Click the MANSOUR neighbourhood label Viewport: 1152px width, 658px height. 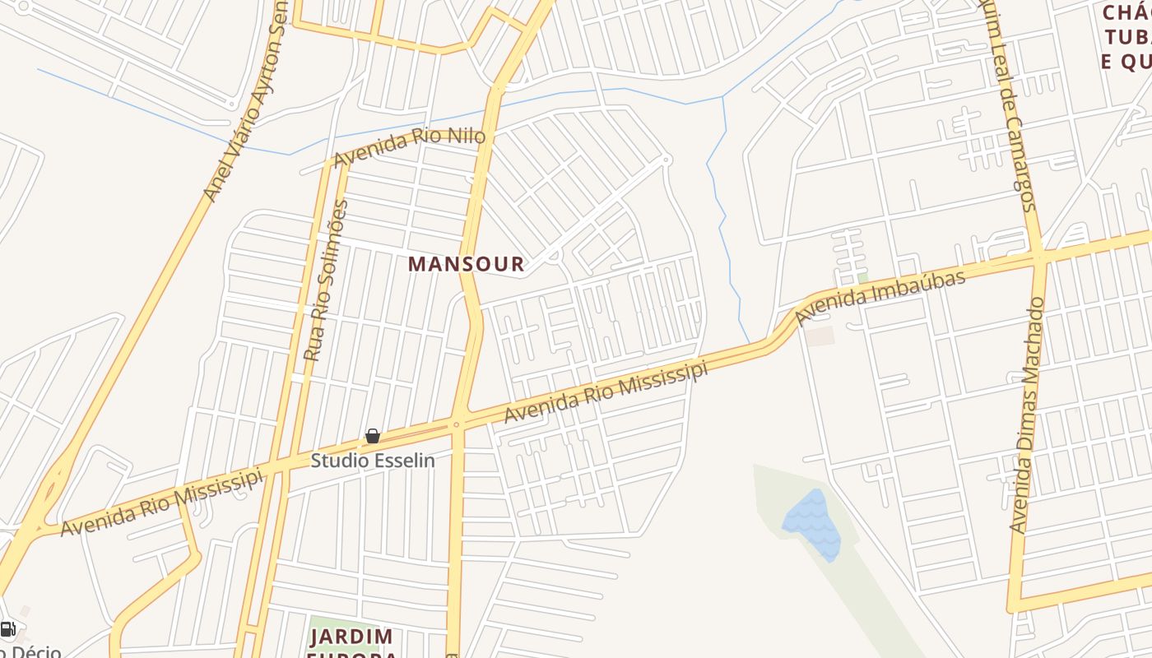pos(466,264)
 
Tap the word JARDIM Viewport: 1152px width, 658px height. pos(351,637)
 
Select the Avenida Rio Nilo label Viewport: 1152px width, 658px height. pos(409,147)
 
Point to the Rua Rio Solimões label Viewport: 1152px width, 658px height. pos(326,280)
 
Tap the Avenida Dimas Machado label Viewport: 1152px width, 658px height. pos(1029,415)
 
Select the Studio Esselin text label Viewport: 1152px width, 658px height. pos(372,461)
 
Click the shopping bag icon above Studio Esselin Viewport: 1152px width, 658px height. pos(372,436)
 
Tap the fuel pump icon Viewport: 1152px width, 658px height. pos(7,630)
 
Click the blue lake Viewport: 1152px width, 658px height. pos(812,525)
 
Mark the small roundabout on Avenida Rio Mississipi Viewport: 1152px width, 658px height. pos(456,424)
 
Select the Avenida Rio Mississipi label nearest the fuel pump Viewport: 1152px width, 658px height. pos(161,503)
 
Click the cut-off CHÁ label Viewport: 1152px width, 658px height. pos(1126,12)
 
